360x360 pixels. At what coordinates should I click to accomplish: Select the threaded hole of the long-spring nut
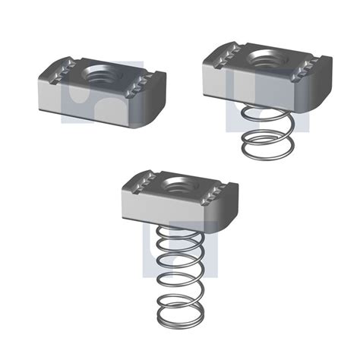pos(180,185)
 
